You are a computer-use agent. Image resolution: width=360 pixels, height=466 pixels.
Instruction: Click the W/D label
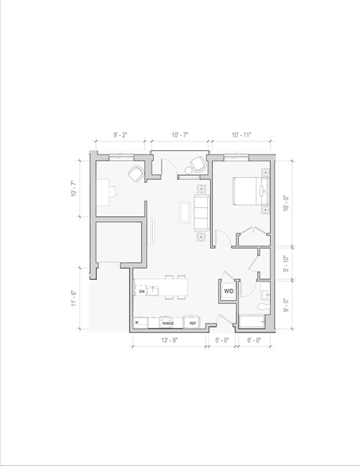click(x=228, y=290)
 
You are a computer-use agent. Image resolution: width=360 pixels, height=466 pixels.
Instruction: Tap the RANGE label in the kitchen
click(x=168, y=323)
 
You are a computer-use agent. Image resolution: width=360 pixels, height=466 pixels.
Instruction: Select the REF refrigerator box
click(x=193, y=323)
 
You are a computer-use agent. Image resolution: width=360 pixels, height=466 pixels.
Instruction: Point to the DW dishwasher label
click(x=141, y=291)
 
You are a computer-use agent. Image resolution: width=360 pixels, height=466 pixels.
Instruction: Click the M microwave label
click(x=137, y=323)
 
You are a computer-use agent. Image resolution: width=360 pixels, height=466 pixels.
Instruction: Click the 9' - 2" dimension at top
click(x=120, y=135)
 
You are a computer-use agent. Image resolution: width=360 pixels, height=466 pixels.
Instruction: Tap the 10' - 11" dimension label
click(x=241, y=135)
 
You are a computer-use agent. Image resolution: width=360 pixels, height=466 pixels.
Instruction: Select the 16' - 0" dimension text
click(x=285, y=203)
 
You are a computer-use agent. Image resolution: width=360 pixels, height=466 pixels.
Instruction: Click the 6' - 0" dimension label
click(x=255, y=340)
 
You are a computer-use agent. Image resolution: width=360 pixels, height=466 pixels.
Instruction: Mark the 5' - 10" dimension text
click(x=285, y=263)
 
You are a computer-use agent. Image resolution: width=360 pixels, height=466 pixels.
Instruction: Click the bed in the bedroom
click(x=248, y=191)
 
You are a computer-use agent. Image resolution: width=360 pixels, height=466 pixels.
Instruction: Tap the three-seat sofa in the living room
click(x=201, y=212)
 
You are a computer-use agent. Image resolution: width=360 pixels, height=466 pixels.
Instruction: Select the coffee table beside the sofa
click(x=184, y=212)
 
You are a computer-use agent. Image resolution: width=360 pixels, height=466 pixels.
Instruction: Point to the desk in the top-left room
click(x=105, y=191)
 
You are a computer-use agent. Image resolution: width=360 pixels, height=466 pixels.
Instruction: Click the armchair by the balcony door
click(x=198, y=164)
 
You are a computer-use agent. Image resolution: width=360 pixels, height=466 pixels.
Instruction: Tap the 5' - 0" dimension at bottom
click(x=223, y=340)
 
